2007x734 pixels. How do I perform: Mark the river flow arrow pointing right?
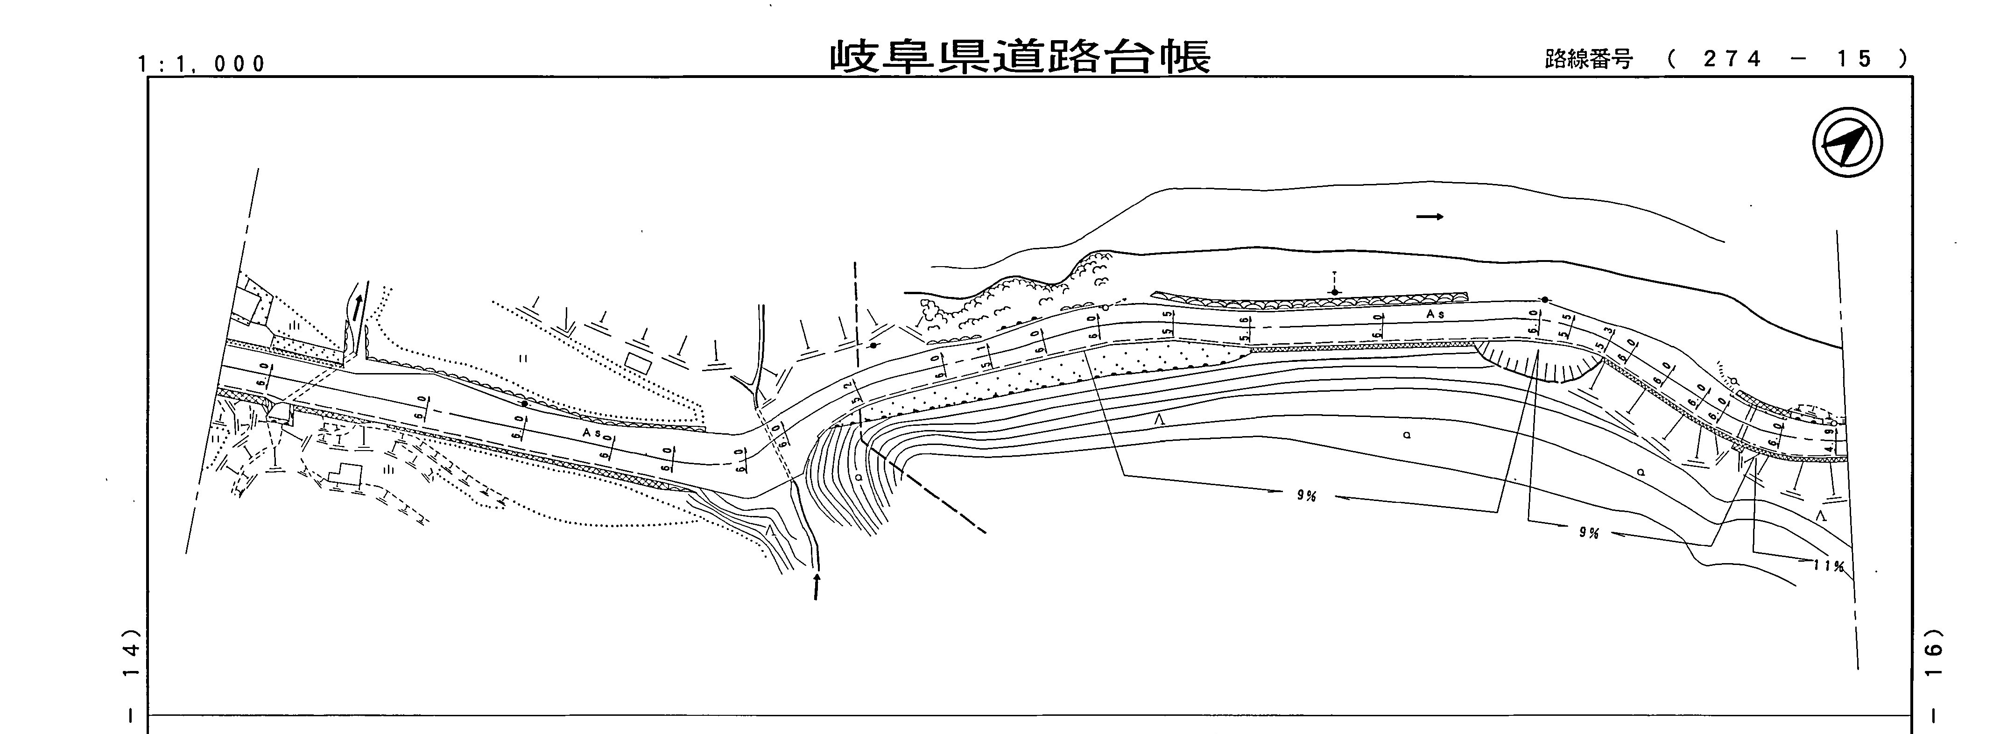[x=1429, y=217]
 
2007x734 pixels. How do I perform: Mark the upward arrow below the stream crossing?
[x=816, y=586]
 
